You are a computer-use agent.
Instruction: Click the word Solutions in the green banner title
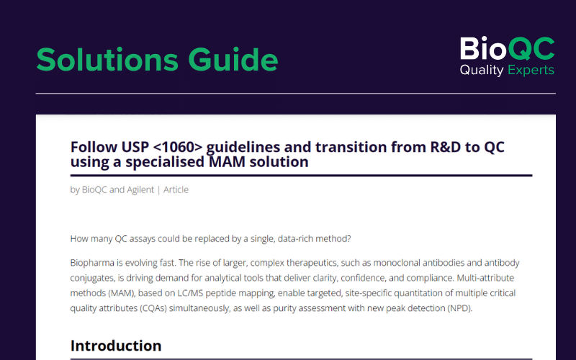(x=107, y=60)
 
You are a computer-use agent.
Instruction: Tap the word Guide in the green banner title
(x=233, y=60)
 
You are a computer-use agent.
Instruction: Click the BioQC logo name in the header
(x=508, y=48)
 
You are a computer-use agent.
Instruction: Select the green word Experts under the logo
(x=531, y=70)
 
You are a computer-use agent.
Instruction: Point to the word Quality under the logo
(x=482, y=70)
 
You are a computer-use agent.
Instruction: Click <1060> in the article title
(x=177, y=147)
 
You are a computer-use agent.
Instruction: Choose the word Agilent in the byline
(x=140, y=189)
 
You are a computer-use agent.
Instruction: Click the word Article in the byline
(x=176, y=189)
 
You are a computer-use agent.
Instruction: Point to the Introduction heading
(x=116, y=346)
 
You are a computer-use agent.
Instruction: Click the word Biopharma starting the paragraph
(x=92, y=263)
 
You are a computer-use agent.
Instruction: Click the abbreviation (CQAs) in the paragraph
(x=153, y=308)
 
